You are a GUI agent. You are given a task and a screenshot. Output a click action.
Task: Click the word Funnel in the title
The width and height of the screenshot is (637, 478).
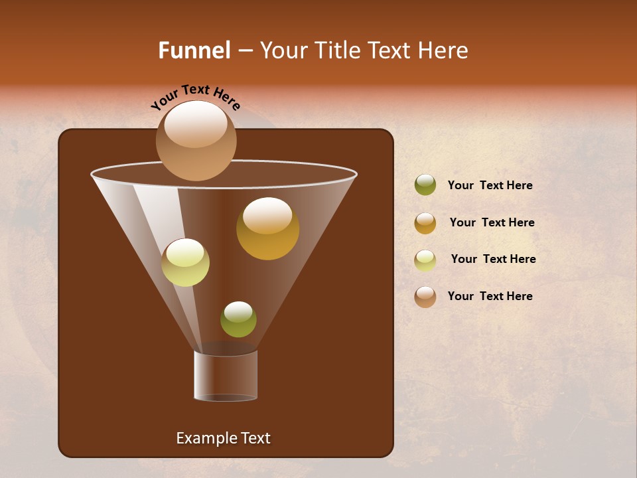(x=194, y=50)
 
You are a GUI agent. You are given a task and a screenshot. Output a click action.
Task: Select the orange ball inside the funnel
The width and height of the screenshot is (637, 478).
(x=267, y=229)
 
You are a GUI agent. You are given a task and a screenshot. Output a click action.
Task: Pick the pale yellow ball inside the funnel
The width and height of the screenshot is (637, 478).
(x=185, y=263)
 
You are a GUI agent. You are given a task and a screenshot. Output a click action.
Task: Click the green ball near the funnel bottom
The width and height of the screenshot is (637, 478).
(x=238, y=319)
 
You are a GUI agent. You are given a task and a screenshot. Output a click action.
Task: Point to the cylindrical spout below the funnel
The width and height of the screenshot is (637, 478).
(x=226, y=376)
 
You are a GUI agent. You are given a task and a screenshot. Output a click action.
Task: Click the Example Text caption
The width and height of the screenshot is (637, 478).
(x=223, y=438)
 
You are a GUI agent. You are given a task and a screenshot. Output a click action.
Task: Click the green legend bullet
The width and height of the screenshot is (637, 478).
(x=425, y=185)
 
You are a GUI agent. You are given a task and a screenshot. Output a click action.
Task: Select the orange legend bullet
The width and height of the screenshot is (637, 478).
(x=425, y=223)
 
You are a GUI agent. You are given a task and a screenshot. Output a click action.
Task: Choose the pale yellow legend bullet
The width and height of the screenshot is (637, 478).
(x=425, y=260)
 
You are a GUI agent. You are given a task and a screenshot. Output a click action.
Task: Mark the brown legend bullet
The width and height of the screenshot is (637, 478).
(x=425, y=297)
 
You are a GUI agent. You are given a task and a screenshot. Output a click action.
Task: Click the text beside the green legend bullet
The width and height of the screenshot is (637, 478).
(x=490, y=186)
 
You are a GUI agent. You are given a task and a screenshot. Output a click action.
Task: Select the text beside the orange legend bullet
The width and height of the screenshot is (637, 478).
(x=492, y=223)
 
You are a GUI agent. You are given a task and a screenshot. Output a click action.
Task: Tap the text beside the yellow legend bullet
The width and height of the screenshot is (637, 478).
(x=493, y=260)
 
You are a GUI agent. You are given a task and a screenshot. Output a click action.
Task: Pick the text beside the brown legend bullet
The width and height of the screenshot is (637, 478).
(x=490, y=296)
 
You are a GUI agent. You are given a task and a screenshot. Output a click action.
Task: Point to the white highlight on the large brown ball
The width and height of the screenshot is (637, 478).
(x=195, y=124)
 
